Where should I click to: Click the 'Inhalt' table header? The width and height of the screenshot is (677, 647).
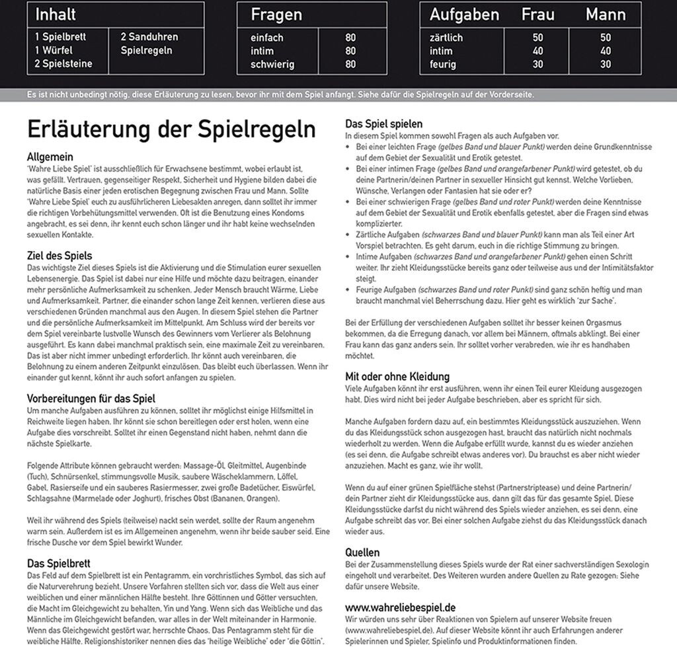pos(56,15)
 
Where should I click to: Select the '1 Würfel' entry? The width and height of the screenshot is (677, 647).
pos(54,50)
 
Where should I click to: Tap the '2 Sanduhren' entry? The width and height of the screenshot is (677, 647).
pos(149,37)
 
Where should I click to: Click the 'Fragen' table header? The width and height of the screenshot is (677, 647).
pos(276,15)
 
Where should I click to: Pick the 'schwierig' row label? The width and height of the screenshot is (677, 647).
pos(272,65)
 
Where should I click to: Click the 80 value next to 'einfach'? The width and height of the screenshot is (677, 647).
pos(350,38)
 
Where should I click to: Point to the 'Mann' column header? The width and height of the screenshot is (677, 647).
pos(606,15)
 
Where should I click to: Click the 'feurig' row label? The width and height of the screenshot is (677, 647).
pos(443,65)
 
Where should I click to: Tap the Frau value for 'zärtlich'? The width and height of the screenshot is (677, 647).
pos(538,38)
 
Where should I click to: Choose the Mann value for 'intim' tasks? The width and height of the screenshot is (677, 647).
pos(606,51)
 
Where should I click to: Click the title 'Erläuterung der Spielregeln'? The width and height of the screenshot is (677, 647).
pos(171,130)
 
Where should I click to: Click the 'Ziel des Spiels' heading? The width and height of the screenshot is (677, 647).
pos(60,256)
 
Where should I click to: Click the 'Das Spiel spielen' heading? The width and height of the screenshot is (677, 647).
pos(384,124)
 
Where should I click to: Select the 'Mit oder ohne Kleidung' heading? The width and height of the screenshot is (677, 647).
pos(397,377)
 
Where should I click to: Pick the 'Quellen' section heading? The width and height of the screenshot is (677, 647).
pos(362,552)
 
